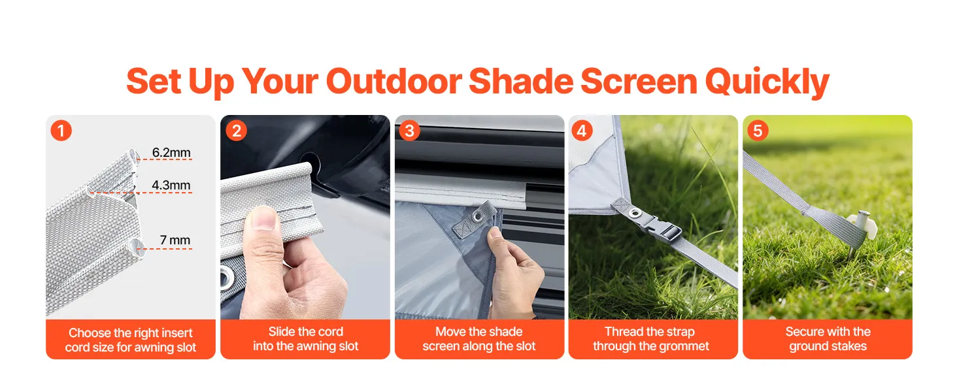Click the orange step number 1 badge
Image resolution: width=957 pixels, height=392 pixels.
[x=61, y=130]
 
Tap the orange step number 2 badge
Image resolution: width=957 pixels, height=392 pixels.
[x=236, y=130]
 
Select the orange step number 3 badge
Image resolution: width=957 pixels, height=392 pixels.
[x=409, y=130]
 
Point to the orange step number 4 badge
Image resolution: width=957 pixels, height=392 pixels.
[x=582, y=130]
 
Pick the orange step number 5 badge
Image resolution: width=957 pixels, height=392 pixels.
[x=758, y=130]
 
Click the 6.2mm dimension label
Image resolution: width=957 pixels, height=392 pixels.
[x=171, y=152]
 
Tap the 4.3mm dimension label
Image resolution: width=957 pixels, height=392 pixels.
[x=171, y=186]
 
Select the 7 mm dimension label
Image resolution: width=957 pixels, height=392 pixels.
[x=175, y=240]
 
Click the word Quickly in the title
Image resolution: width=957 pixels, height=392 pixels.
[x=767, y=82]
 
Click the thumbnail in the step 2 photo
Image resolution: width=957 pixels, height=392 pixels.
[x=263, y=218]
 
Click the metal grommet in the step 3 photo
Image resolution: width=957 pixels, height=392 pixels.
[x=478, y=216]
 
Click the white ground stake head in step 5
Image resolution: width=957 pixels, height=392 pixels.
[x=862, y=224]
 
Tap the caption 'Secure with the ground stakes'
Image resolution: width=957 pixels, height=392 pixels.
[x=828, y=338]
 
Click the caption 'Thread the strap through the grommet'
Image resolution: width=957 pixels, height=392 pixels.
[x=650, y=338]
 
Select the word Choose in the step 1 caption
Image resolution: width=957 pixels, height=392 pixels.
[x=90, y=333]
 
